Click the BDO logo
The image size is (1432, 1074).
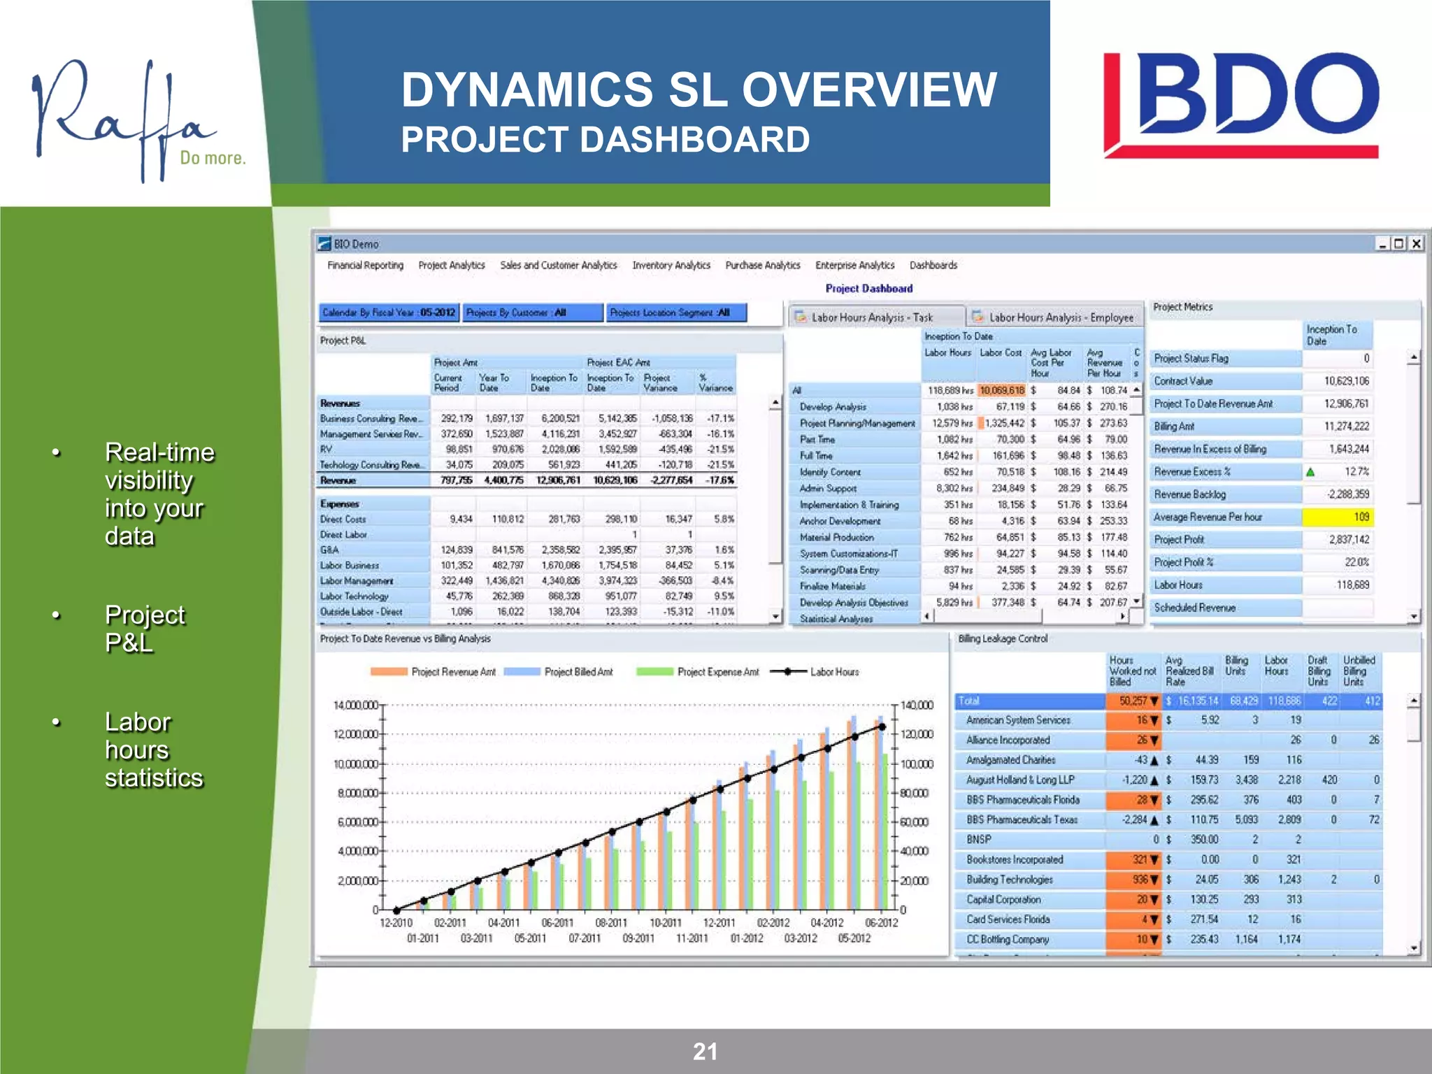pyautogui.click(x=1240, y=105)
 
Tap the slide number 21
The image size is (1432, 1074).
pyautogui.click(x=705, y=1051)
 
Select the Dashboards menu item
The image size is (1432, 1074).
pyautogui.click(x=933, y=265)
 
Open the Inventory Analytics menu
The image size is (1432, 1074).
pyautogui.click(x=671, y=265)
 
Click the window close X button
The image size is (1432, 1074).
pyautogui.click(x=1416, y=243)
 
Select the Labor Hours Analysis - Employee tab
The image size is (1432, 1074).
pyautogui.click(x=1059, y=317)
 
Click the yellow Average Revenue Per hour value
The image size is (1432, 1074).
pyautogui.click(x=1337, y=517)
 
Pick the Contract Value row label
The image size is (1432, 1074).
pyautogui.click(x=1183, y=381)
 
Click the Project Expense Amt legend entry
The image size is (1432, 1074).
pyautogui.click(x=717, y=672)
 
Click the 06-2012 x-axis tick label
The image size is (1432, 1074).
pyautogui.click(x=881, y=923)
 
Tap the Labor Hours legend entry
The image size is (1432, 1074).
pyautogui.click(x=833, y=672)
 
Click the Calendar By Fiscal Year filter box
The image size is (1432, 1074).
pyautogui.click(x=389, y=313)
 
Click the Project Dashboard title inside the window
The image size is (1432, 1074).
pyautogui.click(x=868, y=288)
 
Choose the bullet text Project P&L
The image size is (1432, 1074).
pyautogui.click(x=144, y=628)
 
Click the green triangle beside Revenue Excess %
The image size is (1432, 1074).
pyautogui.click(x=1310, y=472)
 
